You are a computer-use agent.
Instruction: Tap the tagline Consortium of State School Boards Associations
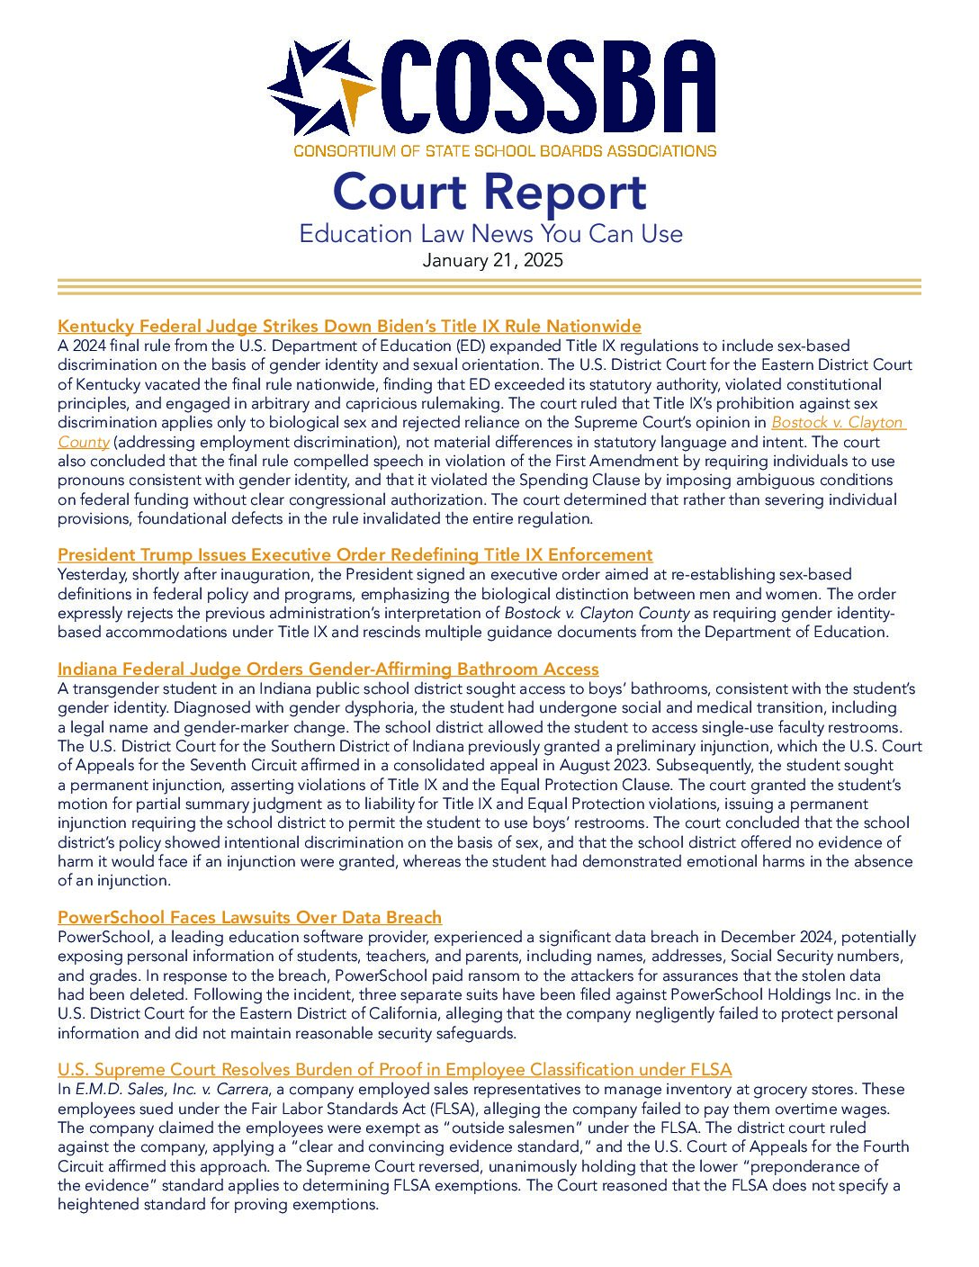click(505, 151)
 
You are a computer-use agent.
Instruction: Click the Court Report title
click(489, 193)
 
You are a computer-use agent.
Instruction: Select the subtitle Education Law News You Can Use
click(490, 234)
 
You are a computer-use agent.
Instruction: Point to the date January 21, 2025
click(492, 261)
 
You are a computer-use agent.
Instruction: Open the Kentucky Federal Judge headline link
click(349, 326)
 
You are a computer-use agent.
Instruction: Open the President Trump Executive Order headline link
click(355, 554)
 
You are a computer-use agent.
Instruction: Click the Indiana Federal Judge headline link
click(328, 669)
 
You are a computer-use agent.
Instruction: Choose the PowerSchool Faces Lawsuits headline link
click(249, 917)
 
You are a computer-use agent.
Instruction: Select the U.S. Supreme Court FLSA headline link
click(394, 1069)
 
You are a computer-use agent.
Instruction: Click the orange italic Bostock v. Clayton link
click(837, 423)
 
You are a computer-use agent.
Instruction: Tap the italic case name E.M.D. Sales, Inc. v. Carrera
click(172, 1090)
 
